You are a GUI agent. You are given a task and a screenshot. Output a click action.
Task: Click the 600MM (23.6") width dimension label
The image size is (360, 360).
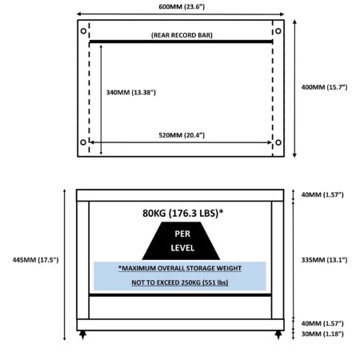tap(182, 6)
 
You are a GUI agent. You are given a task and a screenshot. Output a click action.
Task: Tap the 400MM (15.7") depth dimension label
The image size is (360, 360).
tap(324, 87)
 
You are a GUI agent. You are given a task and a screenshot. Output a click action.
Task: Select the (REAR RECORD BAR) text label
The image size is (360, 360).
tap(182, 35)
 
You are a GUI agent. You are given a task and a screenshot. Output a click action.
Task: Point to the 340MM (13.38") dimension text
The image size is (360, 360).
tap(131, 93)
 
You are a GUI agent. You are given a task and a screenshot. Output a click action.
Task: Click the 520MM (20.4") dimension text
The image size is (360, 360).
tap(182, 135)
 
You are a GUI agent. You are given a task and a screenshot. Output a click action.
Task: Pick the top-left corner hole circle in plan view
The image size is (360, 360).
tap(83, 31)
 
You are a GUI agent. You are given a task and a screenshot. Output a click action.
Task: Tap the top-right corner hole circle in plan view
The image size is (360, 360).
tap(278, 31)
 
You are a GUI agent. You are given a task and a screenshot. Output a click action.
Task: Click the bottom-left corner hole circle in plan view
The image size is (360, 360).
tap(83, 142)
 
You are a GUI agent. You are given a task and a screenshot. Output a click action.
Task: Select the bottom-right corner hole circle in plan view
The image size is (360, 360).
tap(278, 142)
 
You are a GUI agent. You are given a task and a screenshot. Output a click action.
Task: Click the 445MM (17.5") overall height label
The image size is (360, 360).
tap(35, 260)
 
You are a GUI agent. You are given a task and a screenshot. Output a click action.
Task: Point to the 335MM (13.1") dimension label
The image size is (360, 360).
tap(324, 260)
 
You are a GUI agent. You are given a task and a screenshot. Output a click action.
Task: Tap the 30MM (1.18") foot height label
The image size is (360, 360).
tap(322, 334)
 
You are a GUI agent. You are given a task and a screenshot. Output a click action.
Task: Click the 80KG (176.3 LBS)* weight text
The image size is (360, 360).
tap(183, 213)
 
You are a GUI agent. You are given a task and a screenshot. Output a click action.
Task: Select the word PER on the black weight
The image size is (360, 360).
tap(182, 234)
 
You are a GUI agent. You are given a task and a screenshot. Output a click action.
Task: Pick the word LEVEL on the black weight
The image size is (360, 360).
tap(182, 248)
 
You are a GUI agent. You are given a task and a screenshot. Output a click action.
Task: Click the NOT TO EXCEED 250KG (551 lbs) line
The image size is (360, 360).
tap(180, 282)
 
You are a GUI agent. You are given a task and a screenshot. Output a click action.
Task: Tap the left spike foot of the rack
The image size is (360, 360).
tap(83, 335)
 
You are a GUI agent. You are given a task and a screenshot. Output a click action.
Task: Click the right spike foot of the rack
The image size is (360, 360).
tap(278, 335)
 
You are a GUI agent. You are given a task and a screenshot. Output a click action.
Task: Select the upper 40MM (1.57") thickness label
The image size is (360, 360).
tap(322, 194)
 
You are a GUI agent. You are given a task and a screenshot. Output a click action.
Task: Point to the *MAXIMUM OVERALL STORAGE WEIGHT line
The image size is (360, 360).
tap(180, 268)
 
